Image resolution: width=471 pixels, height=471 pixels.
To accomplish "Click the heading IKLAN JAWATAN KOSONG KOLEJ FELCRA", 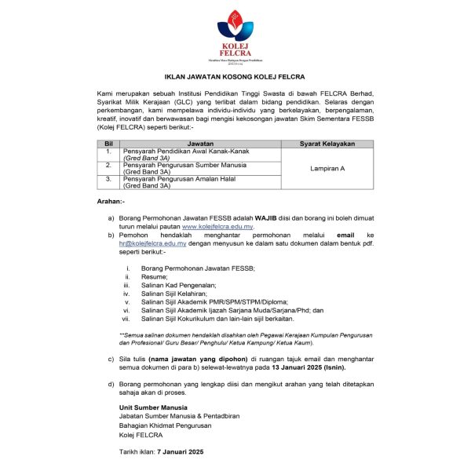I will [x=235, y=78].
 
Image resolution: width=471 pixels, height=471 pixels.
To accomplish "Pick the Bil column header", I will [x=108, y=144].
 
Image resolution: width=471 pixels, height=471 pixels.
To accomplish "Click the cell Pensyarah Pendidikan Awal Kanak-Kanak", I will [x=180, y=152].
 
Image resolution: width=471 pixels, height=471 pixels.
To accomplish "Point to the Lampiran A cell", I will [x=327, y=169].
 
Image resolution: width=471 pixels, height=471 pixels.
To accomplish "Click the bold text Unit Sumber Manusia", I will [x=153, y=408].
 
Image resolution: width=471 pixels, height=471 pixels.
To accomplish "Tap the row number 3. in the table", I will [x=108, y=179].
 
